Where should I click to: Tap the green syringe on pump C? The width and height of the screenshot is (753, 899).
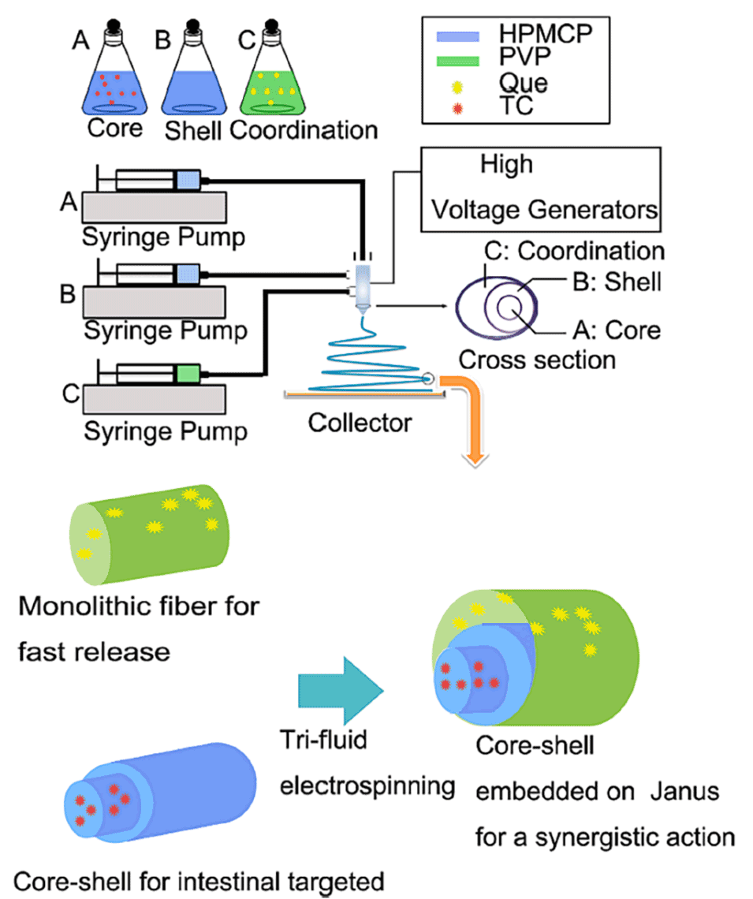(187, 373)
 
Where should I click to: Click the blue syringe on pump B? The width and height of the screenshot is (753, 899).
(187, 275)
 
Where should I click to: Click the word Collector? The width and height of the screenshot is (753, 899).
(360, 423)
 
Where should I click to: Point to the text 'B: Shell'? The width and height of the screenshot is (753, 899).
(619, 281)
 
